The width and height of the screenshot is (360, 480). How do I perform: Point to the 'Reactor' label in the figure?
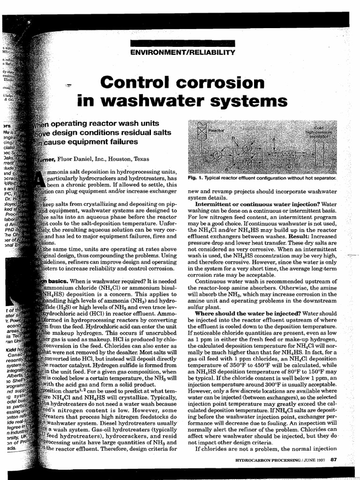[217, 128]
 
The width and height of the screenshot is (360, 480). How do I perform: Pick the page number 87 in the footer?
[333, 459]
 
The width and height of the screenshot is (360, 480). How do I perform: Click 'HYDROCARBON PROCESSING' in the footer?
[267, 460]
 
